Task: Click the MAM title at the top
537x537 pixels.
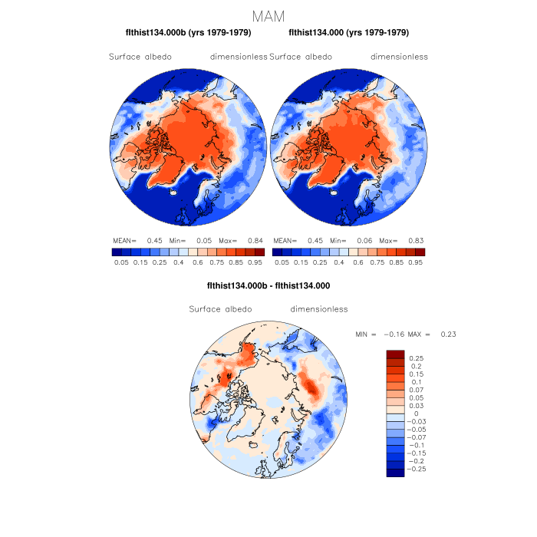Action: (x=268, y=15)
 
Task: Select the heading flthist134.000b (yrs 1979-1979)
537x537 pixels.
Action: (x=188, y=33)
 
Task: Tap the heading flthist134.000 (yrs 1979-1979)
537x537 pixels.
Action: (x=349, y=33)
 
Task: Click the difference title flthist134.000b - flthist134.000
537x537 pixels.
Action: (x=268, y=285)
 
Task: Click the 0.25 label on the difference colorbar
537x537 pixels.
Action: (x=417, y=358)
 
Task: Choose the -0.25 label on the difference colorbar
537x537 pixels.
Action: (x=418, y=468)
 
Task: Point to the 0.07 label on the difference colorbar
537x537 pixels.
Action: (x=417, y=390)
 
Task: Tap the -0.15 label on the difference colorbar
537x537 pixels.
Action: (x=418, y=453)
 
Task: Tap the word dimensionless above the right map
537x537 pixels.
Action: (x=399, y=57)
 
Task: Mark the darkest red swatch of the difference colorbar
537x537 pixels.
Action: (x=395, y=354)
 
